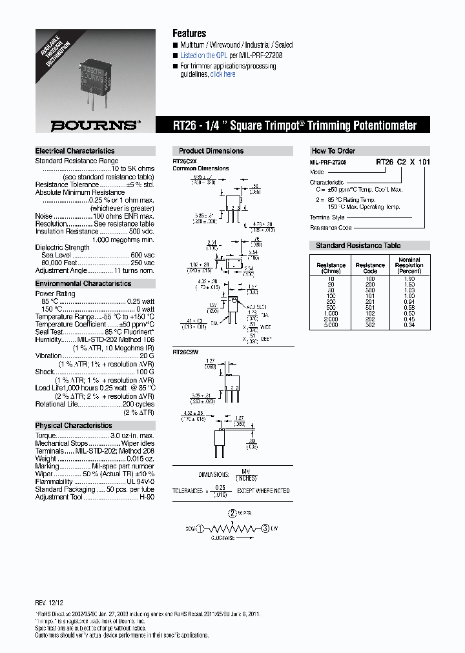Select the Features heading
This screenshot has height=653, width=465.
pos(189,34)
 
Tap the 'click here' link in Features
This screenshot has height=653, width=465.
pos(223,74)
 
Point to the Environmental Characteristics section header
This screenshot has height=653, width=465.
pos(83,283)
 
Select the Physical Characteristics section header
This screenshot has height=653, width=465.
pos(74,425)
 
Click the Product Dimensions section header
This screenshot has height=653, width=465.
pos(211,151)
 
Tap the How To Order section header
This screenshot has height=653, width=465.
pos(333,151)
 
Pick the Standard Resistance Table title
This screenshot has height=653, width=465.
pos(358,245)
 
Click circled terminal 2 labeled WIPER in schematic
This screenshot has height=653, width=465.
pos(232,514)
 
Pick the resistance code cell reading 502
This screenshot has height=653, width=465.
pos(370,325)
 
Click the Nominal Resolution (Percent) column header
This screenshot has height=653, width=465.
pos(408,265)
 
